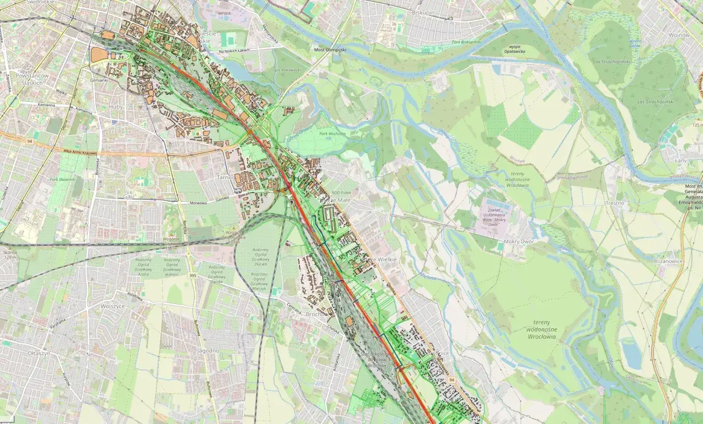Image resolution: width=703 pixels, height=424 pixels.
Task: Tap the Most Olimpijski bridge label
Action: point(330,49)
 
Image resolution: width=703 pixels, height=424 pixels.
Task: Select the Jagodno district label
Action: point(208,350)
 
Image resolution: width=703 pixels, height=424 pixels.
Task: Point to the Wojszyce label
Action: point(114,306)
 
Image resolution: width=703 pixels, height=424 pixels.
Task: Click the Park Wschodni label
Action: point(332,134)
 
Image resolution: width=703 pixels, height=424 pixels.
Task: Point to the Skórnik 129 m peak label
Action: point(10,255)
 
